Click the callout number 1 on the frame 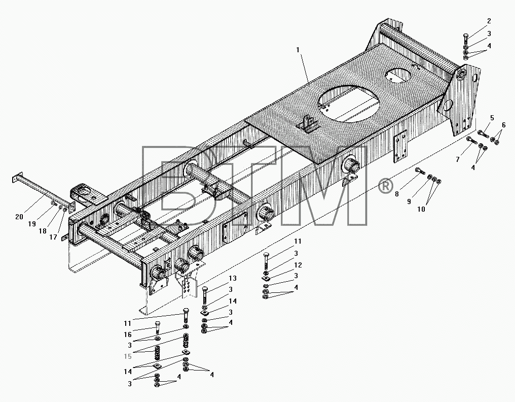coord(298,50)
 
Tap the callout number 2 coord(489,21)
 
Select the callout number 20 coord(19,217)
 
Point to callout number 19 coord(31,224)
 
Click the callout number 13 coord(233,278)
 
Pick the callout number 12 coord(298,265)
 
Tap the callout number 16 coord(127,334)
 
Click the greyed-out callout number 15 coord(127,356)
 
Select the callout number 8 coord(397,194)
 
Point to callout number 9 coord(409,202)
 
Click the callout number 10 coord(421,209)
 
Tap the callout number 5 coord(492,118)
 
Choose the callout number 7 coord(458,159)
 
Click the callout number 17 coord(53,237)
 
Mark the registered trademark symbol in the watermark coord(386,186)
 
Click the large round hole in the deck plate coord(349,104)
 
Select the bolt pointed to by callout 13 coord(205,295)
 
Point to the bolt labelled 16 coord(157,328)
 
